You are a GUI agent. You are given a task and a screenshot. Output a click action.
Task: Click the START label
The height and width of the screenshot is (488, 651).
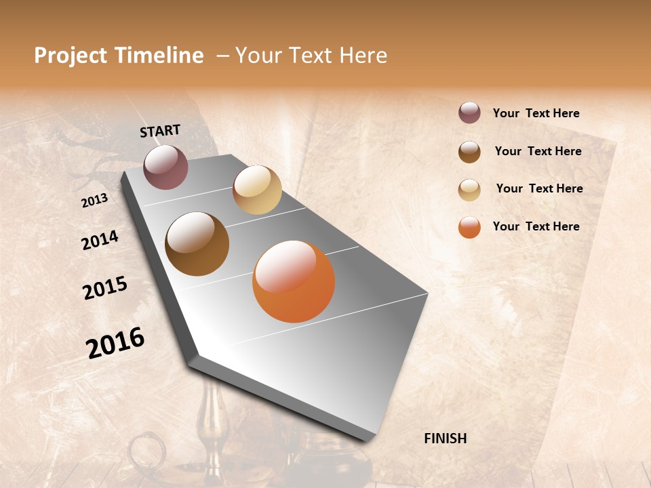point(160,131)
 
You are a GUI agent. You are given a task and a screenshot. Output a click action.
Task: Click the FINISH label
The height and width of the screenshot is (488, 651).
point(445,439)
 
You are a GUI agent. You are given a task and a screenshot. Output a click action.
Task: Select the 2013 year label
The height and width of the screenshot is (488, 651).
point(95,200)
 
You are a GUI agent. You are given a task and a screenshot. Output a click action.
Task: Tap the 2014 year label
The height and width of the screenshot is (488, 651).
point(100,240)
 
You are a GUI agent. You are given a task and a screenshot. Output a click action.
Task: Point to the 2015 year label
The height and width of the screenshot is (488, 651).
point(105,288)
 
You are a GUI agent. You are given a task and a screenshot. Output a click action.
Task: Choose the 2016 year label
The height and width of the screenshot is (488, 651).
point(115,343)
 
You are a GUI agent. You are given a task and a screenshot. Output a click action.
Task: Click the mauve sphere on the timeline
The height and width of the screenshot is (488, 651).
point(165,167)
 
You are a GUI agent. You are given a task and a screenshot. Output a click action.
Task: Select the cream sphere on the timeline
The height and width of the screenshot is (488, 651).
point(257,190)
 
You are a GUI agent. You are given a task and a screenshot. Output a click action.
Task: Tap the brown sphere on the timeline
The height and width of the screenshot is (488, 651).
point(197,244)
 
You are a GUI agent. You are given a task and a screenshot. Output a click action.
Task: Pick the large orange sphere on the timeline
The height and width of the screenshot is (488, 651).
point(294,281)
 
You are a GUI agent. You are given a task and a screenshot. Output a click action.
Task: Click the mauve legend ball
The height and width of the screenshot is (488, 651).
point(469,113)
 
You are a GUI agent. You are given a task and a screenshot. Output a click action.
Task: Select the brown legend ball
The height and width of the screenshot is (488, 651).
point(469,152)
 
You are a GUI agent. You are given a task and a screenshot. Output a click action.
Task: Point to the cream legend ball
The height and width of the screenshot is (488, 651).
point(469,190)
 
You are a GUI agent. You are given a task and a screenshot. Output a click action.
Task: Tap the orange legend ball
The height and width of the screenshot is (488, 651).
point(469,227)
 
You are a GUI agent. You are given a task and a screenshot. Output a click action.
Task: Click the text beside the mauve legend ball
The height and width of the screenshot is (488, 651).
point(536,113)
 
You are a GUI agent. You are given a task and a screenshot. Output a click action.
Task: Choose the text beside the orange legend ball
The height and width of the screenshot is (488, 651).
point(536,226)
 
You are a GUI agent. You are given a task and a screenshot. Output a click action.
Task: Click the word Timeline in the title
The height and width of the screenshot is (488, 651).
point(159,56)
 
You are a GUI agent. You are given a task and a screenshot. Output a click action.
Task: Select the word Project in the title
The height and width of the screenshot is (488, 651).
point(71,56)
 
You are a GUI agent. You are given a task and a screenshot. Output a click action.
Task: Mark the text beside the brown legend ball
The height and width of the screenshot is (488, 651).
point(538,151)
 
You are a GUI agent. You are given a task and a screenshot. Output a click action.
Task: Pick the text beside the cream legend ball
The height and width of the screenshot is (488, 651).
point(539,188)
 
